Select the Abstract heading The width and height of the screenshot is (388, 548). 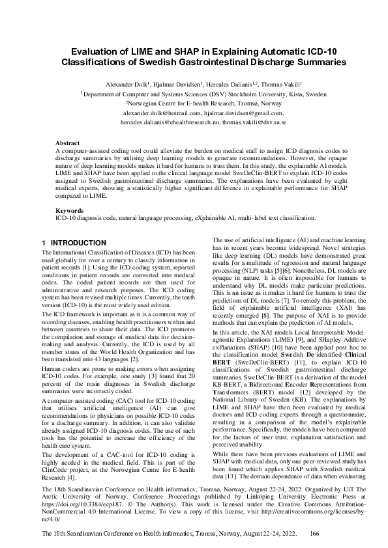pyautogui.click(x=67, y=143)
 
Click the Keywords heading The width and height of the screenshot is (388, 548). pyautogui.click(x=69, y=193)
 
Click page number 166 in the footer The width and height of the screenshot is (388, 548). pyautogui.click(x=314, y=533)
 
